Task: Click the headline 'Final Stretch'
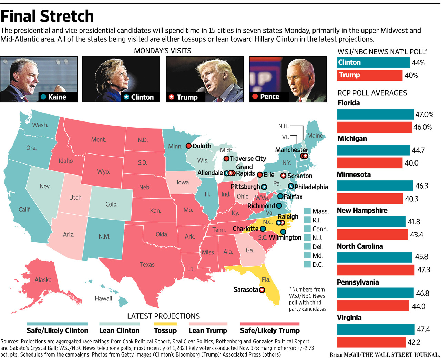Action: pos(47,16)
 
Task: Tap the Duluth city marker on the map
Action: pos(188,146)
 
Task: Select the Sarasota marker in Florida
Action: pos(262,290)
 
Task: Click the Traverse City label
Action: pos(248,159)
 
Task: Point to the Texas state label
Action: pos(147,265)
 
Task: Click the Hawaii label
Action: pos(103,298)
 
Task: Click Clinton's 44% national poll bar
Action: pos(373,62)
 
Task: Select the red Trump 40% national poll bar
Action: pos(369,75)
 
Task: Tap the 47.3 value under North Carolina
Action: pos(423,270)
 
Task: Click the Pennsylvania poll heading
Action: pos(358,282)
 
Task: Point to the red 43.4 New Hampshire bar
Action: pos(372,235)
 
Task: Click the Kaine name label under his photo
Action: pos(57,97)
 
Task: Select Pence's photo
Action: pos(288,79)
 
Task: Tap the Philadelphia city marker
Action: pos(291,187)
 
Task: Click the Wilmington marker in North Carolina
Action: pos(283,232)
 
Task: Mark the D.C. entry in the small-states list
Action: pos(317,265)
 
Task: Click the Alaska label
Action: pos(43,280)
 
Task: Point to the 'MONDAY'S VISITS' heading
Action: pos(163,51)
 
